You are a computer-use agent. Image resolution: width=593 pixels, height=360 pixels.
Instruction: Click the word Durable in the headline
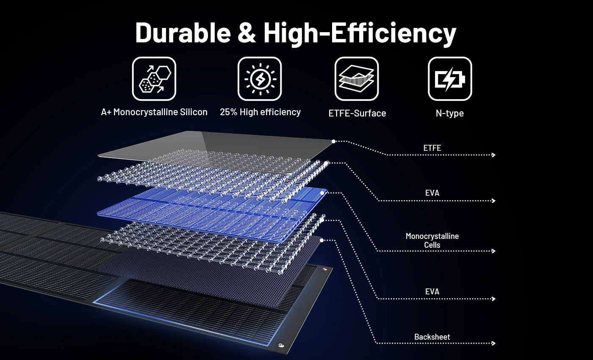click(x=183, y=33)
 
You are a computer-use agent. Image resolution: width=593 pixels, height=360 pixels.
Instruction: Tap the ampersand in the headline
click(x=247, y=33)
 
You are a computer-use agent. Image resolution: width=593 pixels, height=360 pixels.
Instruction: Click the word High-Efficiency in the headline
click(x=360, y=34)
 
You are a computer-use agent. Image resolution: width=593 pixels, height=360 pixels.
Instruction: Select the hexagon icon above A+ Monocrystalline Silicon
click(x=154, y=79)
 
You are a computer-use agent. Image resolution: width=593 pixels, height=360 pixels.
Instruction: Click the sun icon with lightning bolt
click(x=260, y=79)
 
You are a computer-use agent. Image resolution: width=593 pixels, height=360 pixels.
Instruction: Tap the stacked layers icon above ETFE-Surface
click(x=357, y=79)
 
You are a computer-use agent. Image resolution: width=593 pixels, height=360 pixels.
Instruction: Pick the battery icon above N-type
click(x=450, y=79)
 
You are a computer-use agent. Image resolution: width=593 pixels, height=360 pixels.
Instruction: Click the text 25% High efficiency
click(x=260, y=112)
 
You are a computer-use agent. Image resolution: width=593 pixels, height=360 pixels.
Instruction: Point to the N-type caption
click(x=449, y=114)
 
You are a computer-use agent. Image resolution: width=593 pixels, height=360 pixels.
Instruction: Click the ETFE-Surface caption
click(x=357, y=114)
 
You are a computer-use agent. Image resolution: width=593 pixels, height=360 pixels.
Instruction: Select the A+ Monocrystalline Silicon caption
click(x=154, y=112)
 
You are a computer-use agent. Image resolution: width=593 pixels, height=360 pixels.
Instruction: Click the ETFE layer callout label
click(x=432, y=148)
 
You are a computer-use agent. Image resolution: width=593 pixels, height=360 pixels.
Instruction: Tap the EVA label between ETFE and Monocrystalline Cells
click(x=432, y=193)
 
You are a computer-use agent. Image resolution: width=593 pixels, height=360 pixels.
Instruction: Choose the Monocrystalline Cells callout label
click(x=432, y=241)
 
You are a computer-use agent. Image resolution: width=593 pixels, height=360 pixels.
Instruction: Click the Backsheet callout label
click(x=432, y=337)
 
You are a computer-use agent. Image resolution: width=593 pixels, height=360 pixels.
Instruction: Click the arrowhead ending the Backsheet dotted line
click(x=493, y=343)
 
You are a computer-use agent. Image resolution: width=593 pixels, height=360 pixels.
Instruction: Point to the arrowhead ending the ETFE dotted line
click(x=493, y=155)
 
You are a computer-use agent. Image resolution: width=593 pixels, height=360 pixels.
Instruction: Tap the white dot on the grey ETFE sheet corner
click(x=334, y=141)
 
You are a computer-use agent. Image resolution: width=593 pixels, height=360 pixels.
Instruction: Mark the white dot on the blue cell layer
click(x=322, y=193)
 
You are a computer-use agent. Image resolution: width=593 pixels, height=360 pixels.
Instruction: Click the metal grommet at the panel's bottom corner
click(x=281, y=346)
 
